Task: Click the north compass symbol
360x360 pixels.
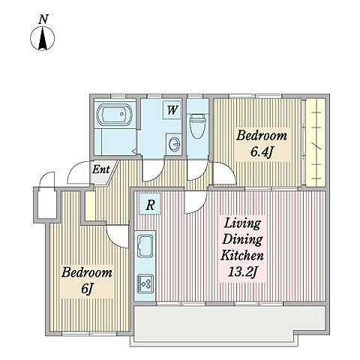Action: [43, 38]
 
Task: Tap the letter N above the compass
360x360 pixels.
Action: [43, 19]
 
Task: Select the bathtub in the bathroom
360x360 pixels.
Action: [114, 115]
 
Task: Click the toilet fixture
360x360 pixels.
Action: [197, 126]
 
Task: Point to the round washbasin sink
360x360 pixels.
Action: [174, 144]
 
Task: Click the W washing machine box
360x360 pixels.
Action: [172, 110]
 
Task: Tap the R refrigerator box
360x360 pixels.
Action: [150, 205]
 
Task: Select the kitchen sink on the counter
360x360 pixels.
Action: [145, 246]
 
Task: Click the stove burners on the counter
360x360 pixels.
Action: [145, 284]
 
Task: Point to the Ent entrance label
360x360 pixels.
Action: [101, 169]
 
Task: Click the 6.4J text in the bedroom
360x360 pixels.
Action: [261, 151]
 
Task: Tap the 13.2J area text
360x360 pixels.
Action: [242, 272]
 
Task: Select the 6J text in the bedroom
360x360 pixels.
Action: [87, 289]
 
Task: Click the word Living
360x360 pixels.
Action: [242, 223]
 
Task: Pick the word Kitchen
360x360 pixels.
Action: [242, 256]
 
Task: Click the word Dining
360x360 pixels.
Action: [242, 240]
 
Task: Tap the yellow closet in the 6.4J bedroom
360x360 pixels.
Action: [316, 142]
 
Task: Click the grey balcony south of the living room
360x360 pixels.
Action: [230, 323]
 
